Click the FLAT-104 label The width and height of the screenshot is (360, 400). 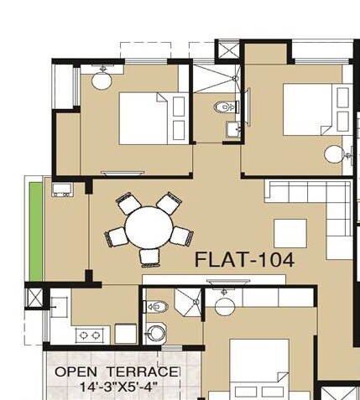(244, 260)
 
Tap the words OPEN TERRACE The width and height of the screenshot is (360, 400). (117, 371)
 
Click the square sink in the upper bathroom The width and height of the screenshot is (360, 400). (232, 127)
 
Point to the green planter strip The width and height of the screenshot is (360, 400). (36, 231)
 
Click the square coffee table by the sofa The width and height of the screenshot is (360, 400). (290, 233)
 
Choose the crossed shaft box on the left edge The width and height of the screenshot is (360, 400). (35, 298)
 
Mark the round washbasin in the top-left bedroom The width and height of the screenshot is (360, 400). (102, 80)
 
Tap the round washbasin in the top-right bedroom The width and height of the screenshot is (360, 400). (334, 154)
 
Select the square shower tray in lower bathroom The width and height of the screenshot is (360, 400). (188, 301)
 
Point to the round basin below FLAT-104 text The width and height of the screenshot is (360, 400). (224, 305)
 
